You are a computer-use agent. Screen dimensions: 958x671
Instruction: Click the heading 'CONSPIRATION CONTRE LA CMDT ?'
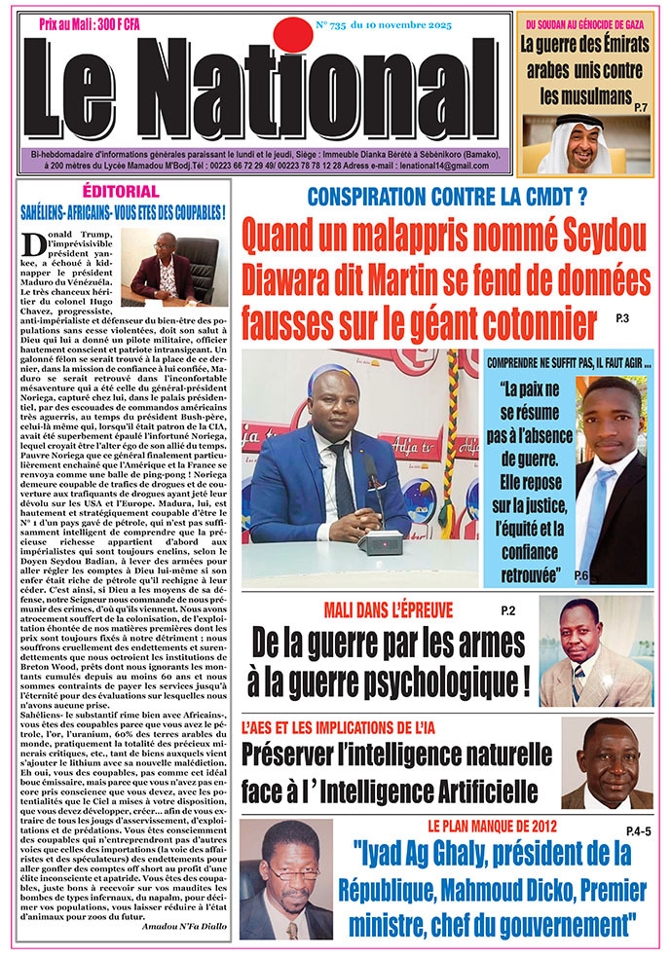[447, 196]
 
